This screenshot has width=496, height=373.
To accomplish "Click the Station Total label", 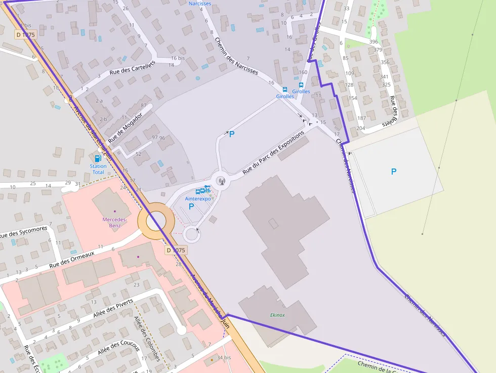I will pos(98,169).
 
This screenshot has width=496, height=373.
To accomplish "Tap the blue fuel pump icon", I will pos(98,158).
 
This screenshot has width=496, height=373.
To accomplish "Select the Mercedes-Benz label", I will pos(115,222).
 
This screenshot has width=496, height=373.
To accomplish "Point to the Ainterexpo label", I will pos(198,198).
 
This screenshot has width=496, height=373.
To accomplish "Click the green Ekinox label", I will pos(277,315).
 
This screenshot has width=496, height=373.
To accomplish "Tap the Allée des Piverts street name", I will pos(113,308).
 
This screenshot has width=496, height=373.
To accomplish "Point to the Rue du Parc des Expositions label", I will pos(273,152).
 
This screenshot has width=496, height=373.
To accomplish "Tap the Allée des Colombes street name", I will pos(147,339).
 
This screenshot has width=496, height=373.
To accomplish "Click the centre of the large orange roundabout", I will pos(156,221).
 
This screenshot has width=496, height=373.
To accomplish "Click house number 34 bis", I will pos(223,358).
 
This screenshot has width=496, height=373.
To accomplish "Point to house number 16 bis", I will pos(178,58).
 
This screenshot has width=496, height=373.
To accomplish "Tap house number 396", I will pos(374,42).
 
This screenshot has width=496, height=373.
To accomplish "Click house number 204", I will pos(360,128).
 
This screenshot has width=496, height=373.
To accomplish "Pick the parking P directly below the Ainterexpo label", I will pos(191,206).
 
